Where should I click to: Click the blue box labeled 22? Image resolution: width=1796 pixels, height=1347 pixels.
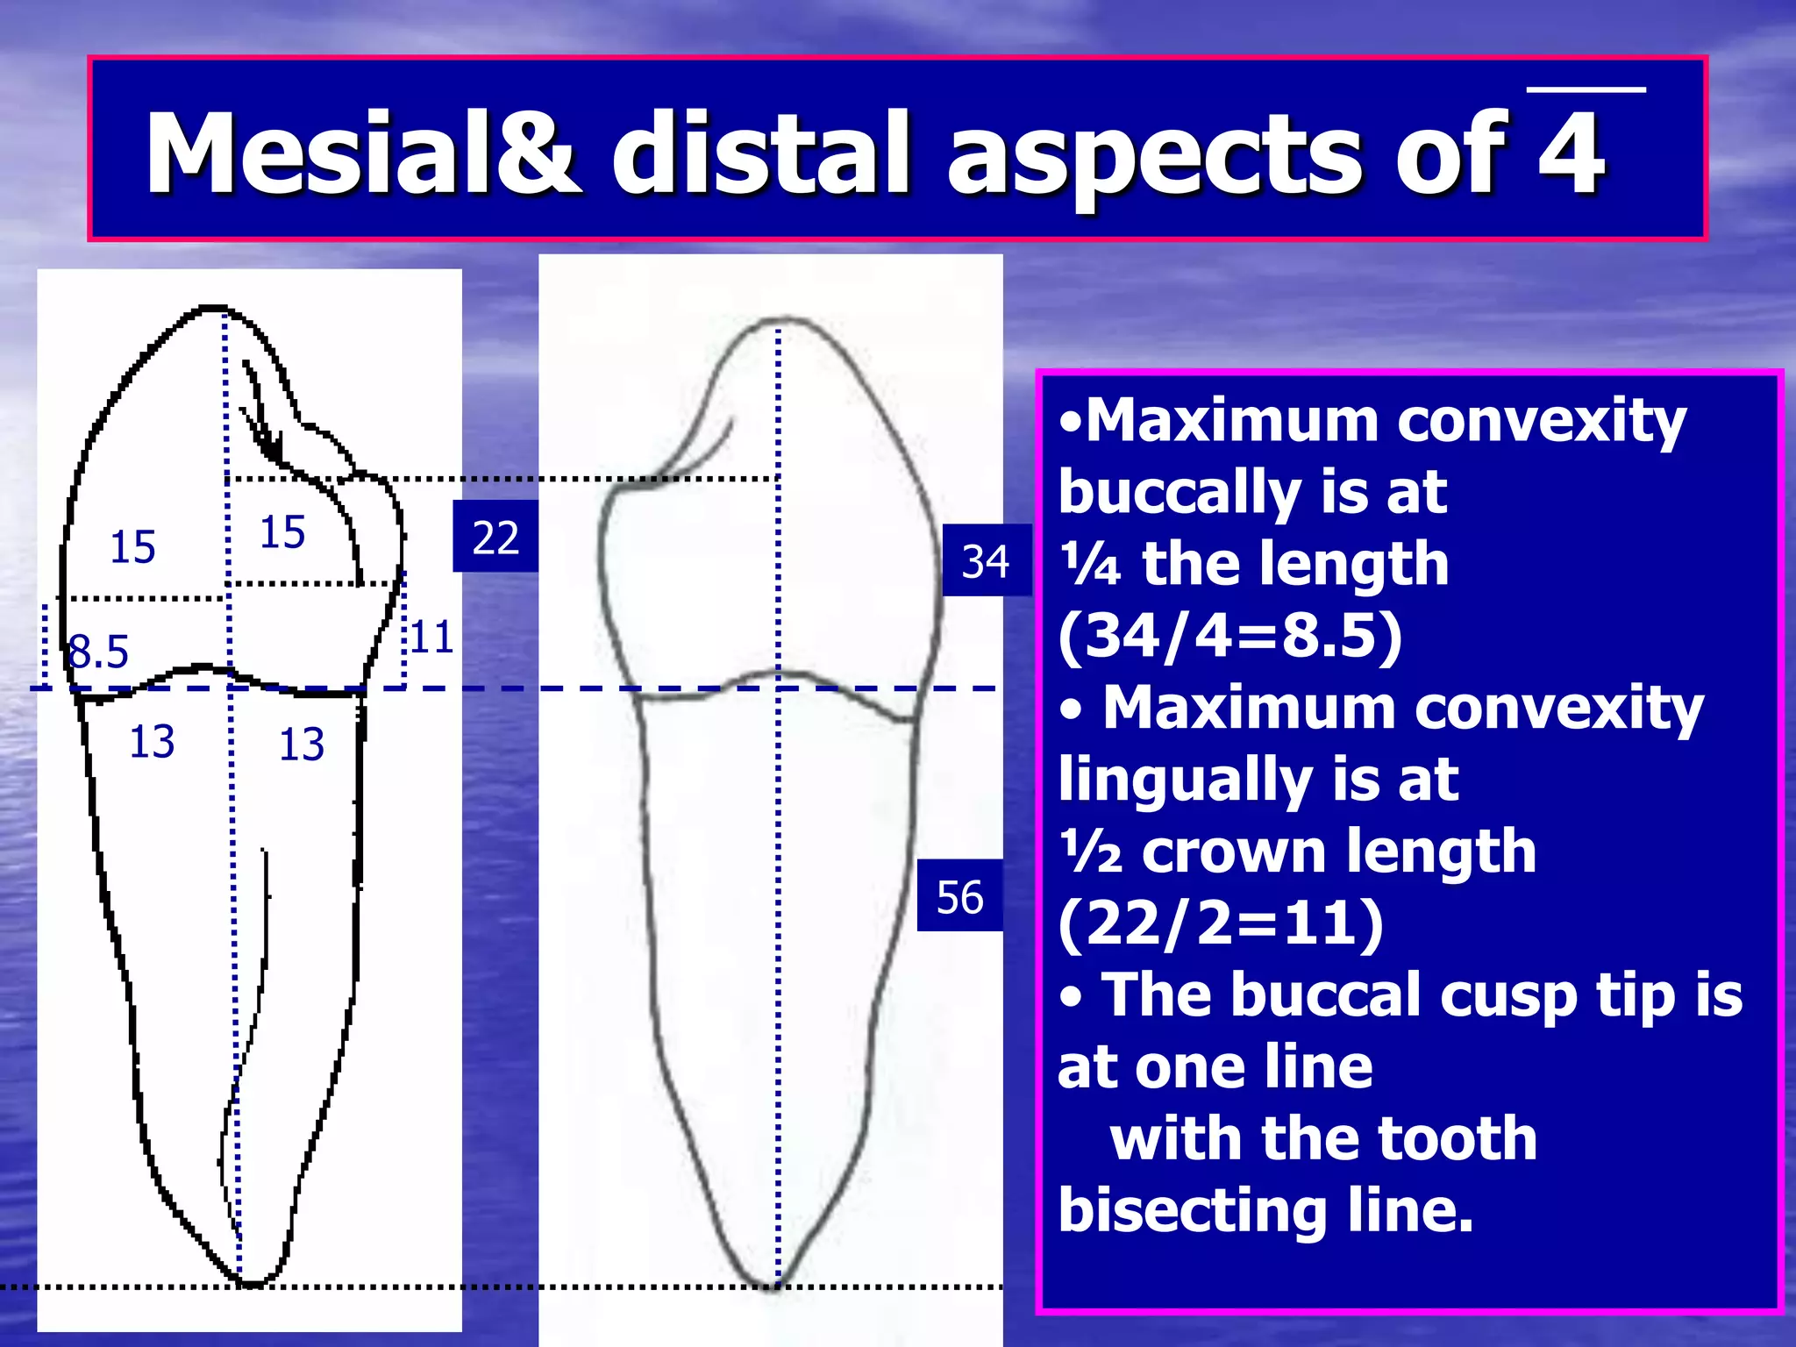(495, 537)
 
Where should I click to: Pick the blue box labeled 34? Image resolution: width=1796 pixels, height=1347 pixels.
(986, 561)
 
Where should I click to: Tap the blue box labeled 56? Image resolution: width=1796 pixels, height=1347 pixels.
(960, 897)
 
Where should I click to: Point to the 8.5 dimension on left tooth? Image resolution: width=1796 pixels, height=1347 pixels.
(98, 652)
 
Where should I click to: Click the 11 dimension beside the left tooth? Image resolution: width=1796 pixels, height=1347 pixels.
(431, 637)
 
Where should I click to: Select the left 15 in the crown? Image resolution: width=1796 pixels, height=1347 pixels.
(132, 547)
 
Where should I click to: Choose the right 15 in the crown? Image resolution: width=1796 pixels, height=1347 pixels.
(282, 532)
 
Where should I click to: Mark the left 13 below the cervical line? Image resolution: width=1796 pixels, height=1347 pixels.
(152, 742)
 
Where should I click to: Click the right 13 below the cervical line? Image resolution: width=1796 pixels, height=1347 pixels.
(301, 745)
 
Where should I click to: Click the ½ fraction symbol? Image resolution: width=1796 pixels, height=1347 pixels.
(1090, 852)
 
